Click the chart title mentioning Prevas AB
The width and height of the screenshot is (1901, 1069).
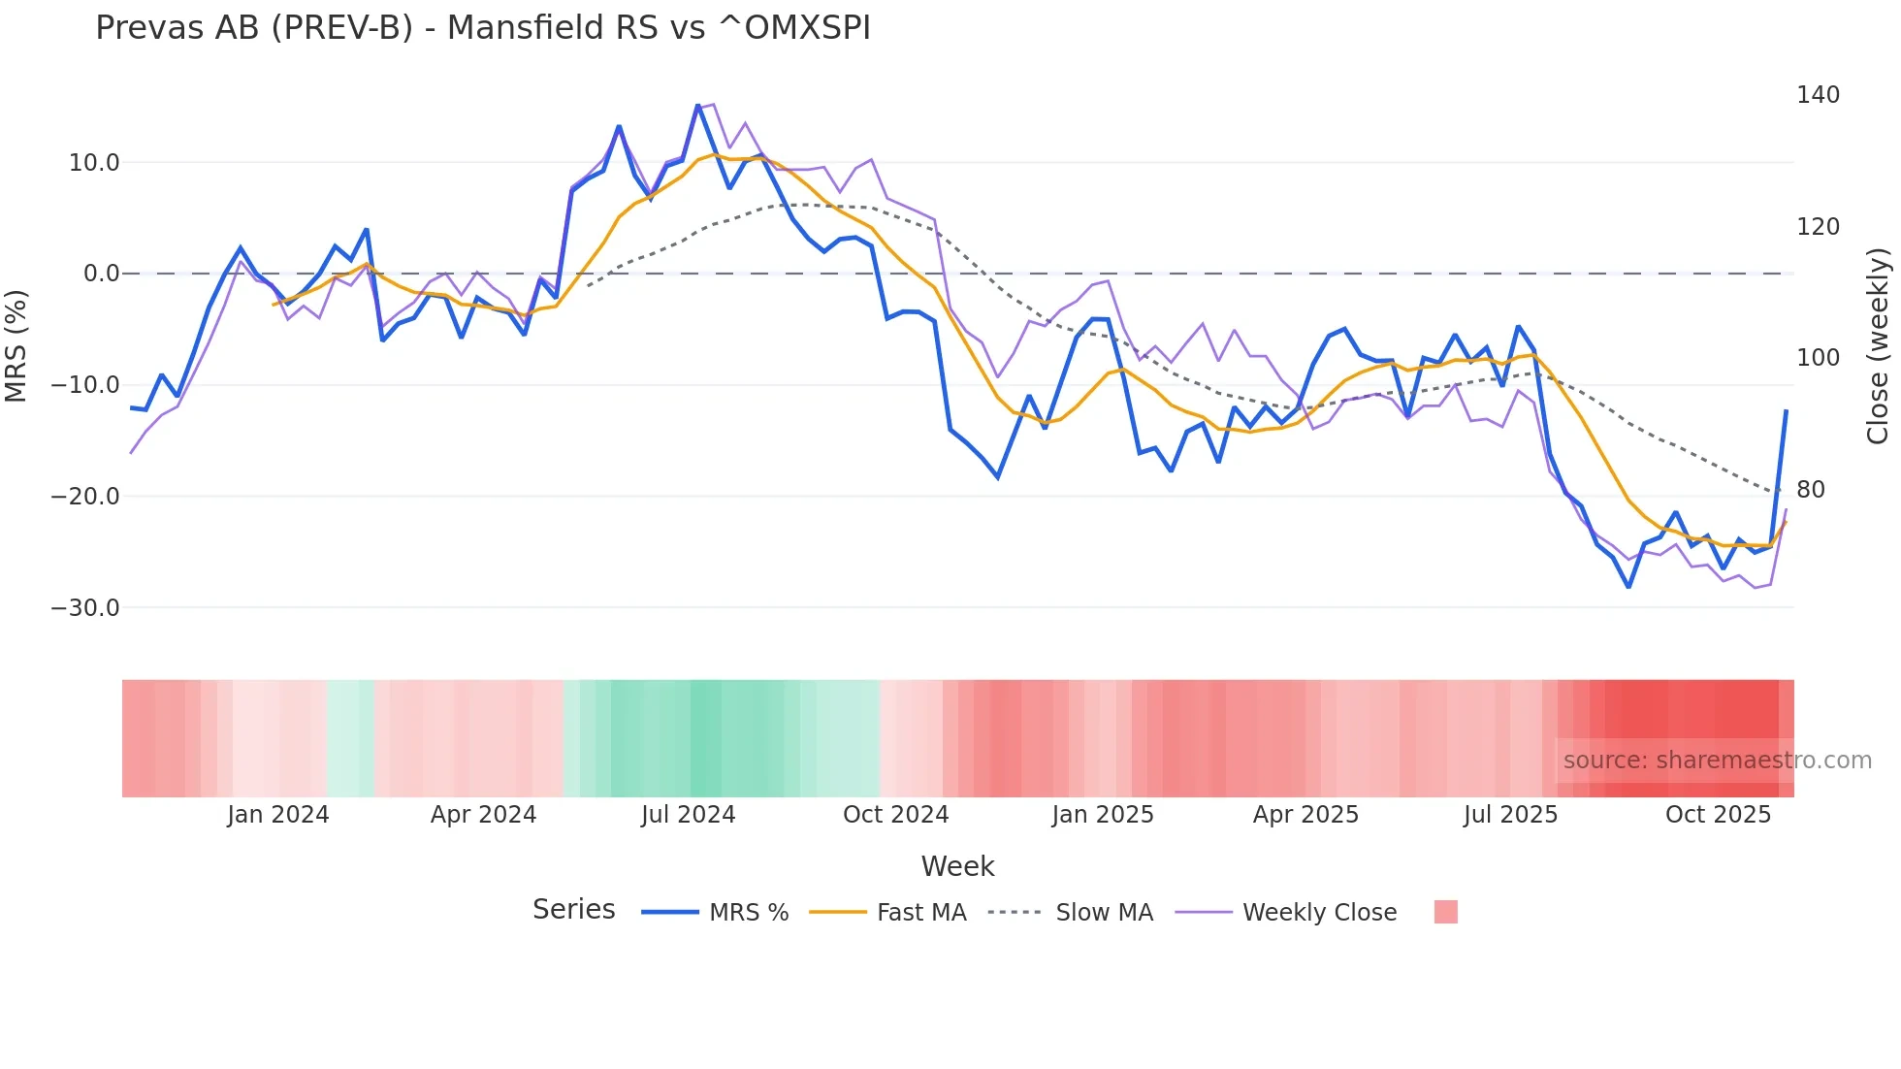tap(482, 28)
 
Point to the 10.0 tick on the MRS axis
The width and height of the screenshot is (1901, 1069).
tap(94, 162)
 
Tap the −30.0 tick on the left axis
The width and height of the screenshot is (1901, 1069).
tap(85, 608)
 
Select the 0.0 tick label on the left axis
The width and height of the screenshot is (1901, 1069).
tap(101, 274)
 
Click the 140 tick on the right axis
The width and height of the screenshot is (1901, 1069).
tap(1818, 95)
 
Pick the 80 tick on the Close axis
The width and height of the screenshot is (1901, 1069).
tap(1810, 490)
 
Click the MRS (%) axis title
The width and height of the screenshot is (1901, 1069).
tap(16, 345)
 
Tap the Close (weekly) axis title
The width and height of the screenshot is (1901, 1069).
tap(1878, 346)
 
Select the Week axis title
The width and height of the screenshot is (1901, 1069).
tap(957, 866)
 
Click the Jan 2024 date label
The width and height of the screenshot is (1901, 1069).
tap(278, 815)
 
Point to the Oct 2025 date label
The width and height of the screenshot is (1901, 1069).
tap(1718, 815)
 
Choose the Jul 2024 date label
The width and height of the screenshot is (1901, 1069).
tap(688, 815)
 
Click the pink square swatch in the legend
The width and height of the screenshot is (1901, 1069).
tap(1445, 912)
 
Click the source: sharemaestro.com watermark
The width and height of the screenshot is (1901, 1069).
tap(1717, 761)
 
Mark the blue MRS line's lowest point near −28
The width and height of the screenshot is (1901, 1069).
tap(1628, 586)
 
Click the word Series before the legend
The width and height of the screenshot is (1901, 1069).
tap(573, 910)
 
